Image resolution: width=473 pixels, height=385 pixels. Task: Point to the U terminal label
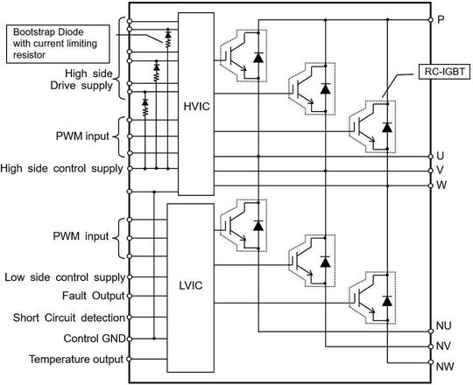coord(442,155)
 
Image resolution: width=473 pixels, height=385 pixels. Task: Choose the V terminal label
coord(442,170)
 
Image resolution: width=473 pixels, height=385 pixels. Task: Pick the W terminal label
coord(442,185)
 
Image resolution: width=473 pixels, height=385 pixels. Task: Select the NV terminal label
coord(445,345)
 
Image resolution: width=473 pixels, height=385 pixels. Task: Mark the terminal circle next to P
coord(431,19)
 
